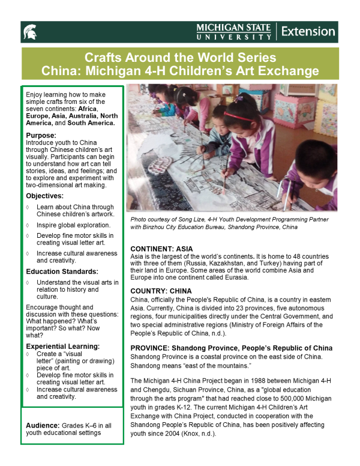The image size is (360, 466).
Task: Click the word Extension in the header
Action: pos(308,31)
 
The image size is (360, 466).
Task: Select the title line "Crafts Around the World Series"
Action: pos(180,58)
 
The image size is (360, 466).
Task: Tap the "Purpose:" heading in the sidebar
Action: pos(41,135)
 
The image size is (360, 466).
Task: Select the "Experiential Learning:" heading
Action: pos(63,346)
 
